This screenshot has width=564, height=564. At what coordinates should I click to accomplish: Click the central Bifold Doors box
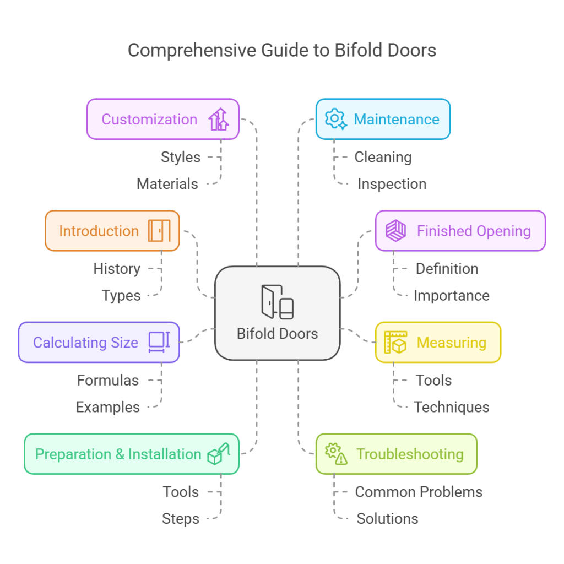click(277, 313)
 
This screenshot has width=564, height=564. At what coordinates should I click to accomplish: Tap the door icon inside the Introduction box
click(159, 231)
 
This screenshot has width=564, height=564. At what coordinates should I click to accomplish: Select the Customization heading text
click(149, 120)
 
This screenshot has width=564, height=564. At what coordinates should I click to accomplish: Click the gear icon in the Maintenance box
click(335, 119)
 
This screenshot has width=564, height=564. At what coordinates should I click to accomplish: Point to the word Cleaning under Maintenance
click(383, 157)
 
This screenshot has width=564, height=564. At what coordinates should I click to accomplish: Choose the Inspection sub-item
click(392, 184)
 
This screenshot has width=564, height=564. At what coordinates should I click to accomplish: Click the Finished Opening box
click(460, 231)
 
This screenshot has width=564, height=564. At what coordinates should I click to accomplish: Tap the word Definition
click(447, 269)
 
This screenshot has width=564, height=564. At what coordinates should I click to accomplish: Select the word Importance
click(451, 296)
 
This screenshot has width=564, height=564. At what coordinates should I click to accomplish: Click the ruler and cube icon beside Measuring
click(395, 342)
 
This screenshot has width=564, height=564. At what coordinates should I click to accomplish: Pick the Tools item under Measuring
click(433, 381)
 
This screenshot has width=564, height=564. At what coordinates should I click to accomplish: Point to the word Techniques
click(451, 408)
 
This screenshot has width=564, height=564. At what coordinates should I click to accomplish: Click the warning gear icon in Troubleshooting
click(336, 454)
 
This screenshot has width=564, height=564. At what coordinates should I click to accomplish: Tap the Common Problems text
click(419, 492)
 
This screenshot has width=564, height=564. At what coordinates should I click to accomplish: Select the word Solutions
click(387, 519)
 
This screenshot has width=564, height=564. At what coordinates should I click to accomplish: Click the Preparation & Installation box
click(131, 454)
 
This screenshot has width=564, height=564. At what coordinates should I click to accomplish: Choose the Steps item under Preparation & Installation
click(180, 519)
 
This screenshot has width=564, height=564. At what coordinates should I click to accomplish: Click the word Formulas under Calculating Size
click(108, 381)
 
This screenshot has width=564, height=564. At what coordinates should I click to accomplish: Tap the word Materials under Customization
click(167, 184)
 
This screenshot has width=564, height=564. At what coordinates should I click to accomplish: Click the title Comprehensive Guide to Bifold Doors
click(282, 50)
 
